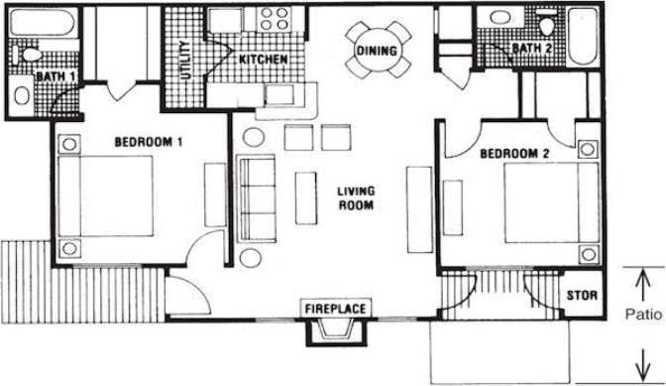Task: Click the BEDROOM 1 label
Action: [149, 142]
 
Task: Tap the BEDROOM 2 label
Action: [514, 154]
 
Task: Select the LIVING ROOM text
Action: [354, 198]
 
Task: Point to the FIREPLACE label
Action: [335, 309]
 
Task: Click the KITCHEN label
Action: [264, 60]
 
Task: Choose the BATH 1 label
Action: [50, 76]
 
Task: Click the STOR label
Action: [580, 296]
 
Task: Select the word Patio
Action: [644, 317]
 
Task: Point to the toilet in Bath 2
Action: [546, 20]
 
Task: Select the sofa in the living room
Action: [257, 198]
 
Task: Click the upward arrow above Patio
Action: [644, 288]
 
